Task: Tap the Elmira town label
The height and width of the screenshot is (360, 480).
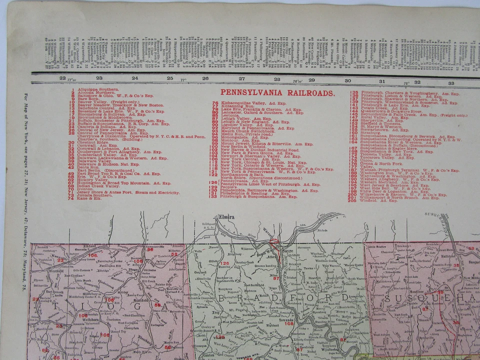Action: (226, 217)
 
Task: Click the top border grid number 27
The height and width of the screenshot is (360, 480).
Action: (241, 78)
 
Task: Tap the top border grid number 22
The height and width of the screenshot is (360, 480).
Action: (62, 77)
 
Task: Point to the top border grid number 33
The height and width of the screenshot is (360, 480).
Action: (450, 82)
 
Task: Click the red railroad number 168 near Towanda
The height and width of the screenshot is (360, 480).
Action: (289, 323)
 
